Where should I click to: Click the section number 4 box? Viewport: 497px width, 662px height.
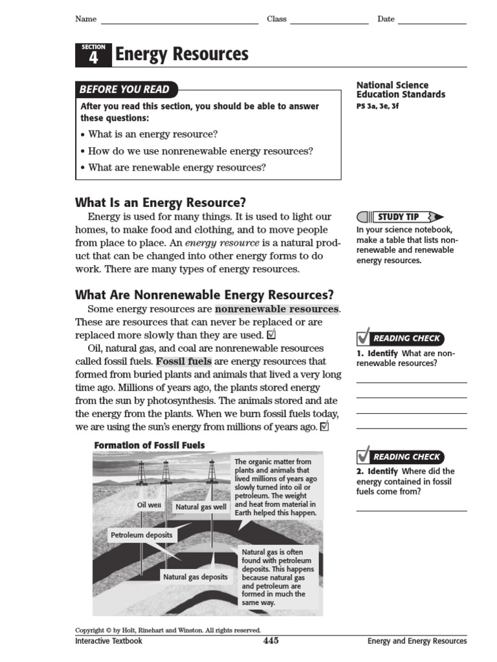[93, 56]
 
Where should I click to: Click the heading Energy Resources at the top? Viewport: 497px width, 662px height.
[181, 55]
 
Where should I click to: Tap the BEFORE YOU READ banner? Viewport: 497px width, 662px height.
[124, 89]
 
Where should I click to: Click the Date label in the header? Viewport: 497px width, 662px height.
[386, 19]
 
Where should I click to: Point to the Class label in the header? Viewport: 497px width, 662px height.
[276, 19]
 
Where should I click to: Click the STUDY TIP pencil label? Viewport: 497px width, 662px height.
[400, 217]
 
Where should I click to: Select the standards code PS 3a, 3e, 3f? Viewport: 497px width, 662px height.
[378, 106]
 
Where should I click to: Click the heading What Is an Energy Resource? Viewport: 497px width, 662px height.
[160, 202]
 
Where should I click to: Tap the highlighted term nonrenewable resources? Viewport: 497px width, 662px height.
[277, 309]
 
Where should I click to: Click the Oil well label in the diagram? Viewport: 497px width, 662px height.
[149, 505]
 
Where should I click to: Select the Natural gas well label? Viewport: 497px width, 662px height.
[201, 507]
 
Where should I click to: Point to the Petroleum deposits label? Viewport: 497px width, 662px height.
[142, 535]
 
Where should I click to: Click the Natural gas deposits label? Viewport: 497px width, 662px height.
[195, 577]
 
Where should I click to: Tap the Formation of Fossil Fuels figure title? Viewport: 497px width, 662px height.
[149, 445]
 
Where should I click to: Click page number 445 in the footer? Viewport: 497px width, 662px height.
[271, 641]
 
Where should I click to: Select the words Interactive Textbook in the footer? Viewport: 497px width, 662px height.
[109, 641]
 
